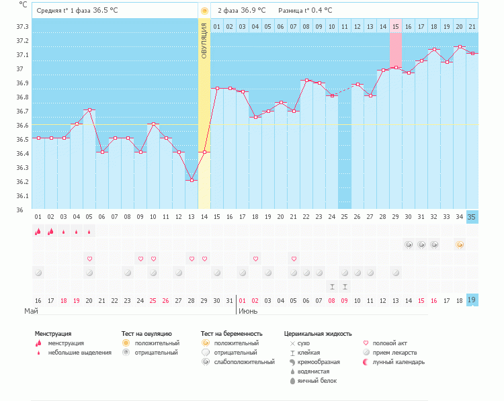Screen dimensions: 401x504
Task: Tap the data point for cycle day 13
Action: [x=192, y=180]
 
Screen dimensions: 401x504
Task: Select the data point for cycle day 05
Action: [x=89, y=110]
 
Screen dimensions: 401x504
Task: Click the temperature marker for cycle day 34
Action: [x=459, y=47]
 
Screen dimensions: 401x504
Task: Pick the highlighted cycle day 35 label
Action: [x=472, y=217]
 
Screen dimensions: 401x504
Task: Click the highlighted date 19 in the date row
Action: [x=472, y=300]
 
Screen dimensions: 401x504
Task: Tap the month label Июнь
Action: [x=249, y=311]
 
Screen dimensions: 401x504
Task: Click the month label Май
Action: [x=31, y=311]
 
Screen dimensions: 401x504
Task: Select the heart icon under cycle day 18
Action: [x=255, y=259]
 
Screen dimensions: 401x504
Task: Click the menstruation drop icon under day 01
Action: [x=38, y=232]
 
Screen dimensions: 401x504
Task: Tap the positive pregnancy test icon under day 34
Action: [x=459, y=245]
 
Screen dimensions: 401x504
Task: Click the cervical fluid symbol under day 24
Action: [x=332, y=286]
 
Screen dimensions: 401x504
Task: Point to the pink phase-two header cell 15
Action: [x=396, y=26]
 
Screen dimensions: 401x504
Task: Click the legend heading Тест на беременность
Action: [x=231, y=333]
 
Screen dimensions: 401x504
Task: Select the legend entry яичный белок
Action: [x=318, y=380]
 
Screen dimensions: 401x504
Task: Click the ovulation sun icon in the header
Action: [x=204, y=11]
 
